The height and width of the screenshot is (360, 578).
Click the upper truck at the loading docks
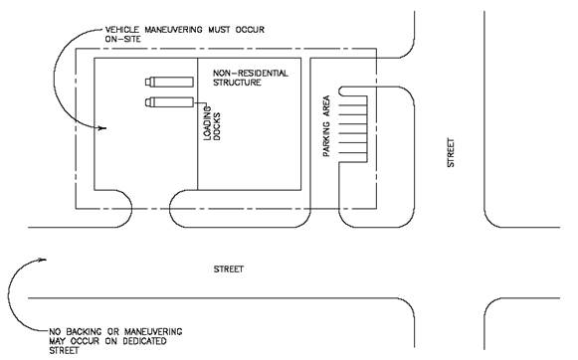pyautogui.click(x=169, y=82)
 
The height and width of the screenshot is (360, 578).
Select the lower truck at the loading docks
pyautogui.click(x=169, y=102)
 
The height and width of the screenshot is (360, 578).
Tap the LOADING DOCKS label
pyautogui.click(x=212, y=123)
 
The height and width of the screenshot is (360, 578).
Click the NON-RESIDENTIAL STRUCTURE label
pyautogui.click(x=251, y=78)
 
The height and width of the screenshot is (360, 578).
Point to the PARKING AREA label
pyautogui.click(x=326, y=126)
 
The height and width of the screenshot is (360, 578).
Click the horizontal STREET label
pyautogui.click(x=229, y=270)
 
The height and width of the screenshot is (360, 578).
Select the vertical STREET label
pyautogui.click(x=451, y=152)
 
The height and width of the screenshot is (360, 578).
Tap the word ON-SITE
pyautogui.click(x=123, y=39)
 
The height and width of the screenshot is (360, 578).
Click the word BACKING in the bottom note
pyautogui.click(x=84, y=332)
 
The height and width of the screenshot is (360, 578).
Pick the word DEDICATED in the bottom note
pyautogui.click(x=144, y=341)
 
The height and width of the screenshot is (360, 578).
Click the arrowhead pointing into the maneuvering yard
pyautogui.click(x=102, y=128)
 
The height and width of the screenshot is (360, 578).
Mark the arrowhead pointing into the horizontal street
pyautogui.click(x=42, y=261)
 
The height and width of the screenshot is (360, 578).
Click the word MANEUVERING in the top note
pyautogui.click(x=173, y=30)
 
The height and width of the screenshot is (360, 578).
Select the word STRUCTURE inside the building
pyautogui.click(x=237, y=83)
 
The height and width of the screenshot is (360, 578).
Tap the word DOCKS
pyautogui.click(x=217, y=126)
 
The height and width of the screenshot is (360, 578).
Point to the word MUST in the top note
pyautogui.click(x=219, y=30)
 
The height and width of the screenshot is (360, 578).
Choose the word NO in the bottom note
pyautogui.click(x=55, y=332)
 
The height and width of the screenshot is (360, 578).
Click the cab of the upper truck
pyautogui.click(x=149, y=82)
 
